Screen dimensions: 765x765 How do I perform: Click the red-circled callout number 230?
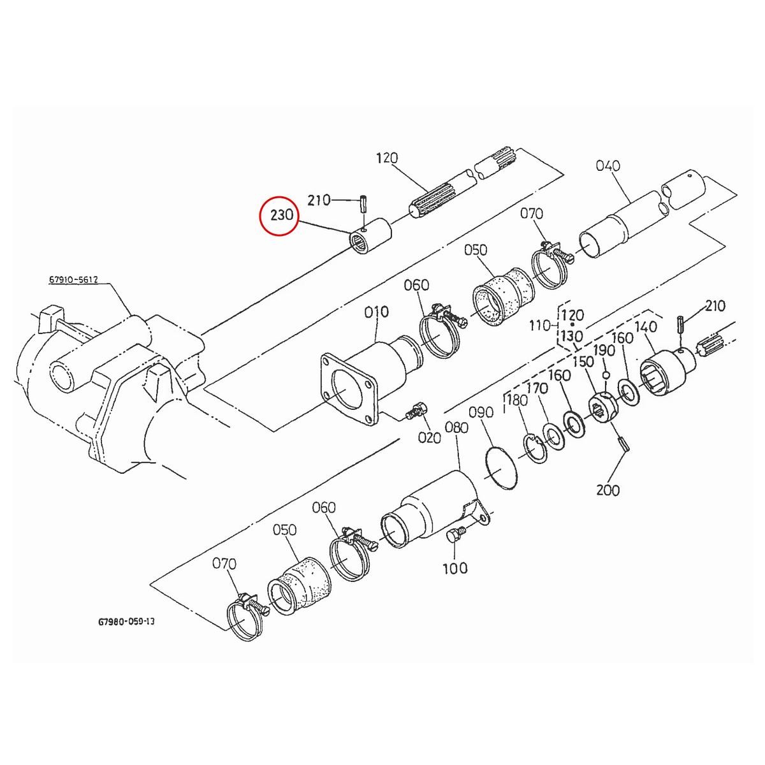tap(281, 215)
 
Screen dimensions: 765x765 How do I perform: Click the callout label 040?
tap(608, 166)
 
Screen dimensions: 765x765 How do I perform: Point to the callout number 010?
tap(376, 312)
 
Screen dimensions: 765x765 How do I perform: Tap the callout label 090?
tap(481, 413)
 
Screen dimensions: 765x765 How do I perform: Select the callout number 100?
tap(455, 568)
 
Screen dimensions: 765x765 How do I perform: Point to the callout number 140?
tap(646, 327)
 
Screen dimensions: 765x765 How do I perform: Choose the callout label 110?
tap(540, 326)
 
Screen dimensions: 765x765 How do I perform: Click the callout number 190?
tap(604, 350)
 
